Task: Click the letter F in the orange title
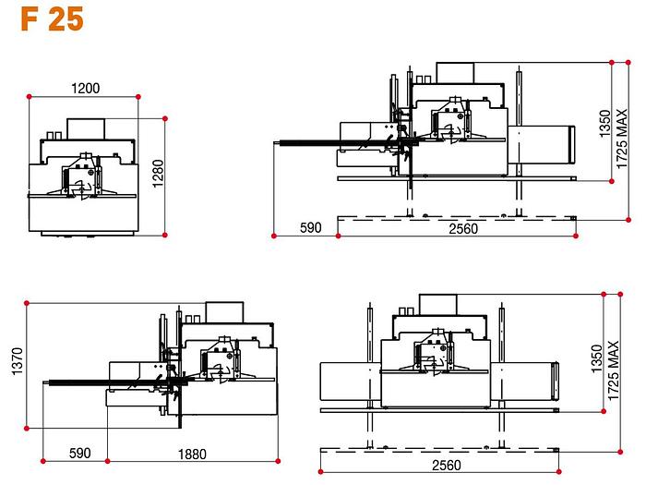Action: [28, 19]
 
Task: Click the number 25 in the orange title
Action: [66, 19]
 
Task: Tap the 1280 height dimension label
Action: [158, 173]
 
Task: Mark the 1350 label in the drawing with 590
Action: [604, 123]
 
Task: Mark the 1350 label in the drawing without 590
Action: [596, 354]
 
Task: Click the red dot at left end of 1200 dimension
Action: [30, 96]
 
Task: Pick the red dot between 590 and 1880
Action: [107, 459]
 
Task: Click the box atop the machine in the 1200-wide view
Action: [89, 128]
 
